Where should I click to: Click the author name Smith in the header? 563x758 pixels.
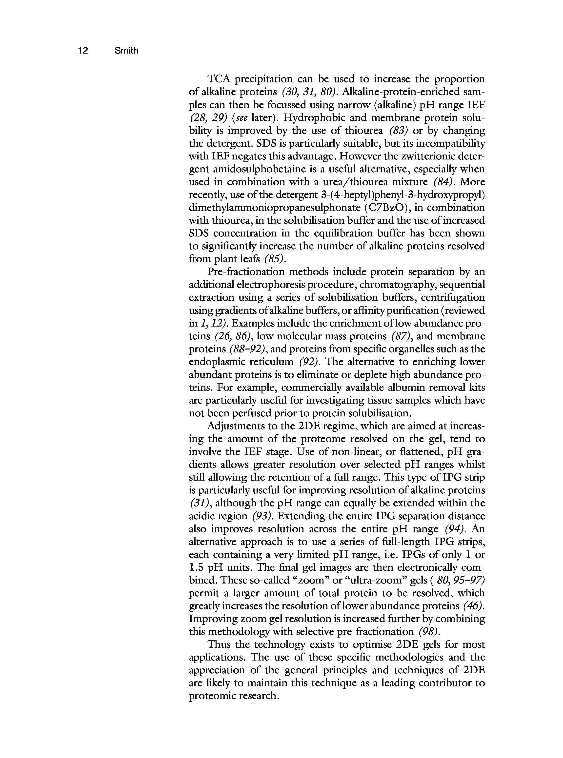pyautogui.click(x=126, y=51)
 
